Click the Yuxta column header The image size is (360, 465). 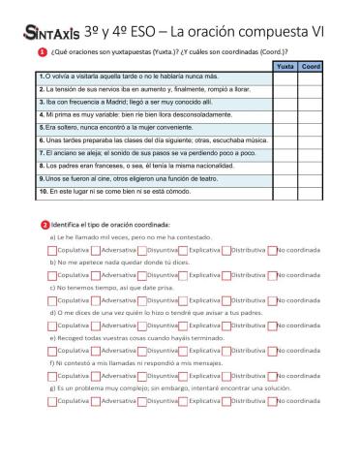tap(285, 66)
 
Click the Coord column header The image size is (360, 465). tap(311, 66)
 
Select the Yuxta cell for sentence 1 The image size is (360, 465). tap(285, 77)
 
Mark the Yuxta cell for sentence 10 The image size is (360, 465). tap(285, 193)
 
